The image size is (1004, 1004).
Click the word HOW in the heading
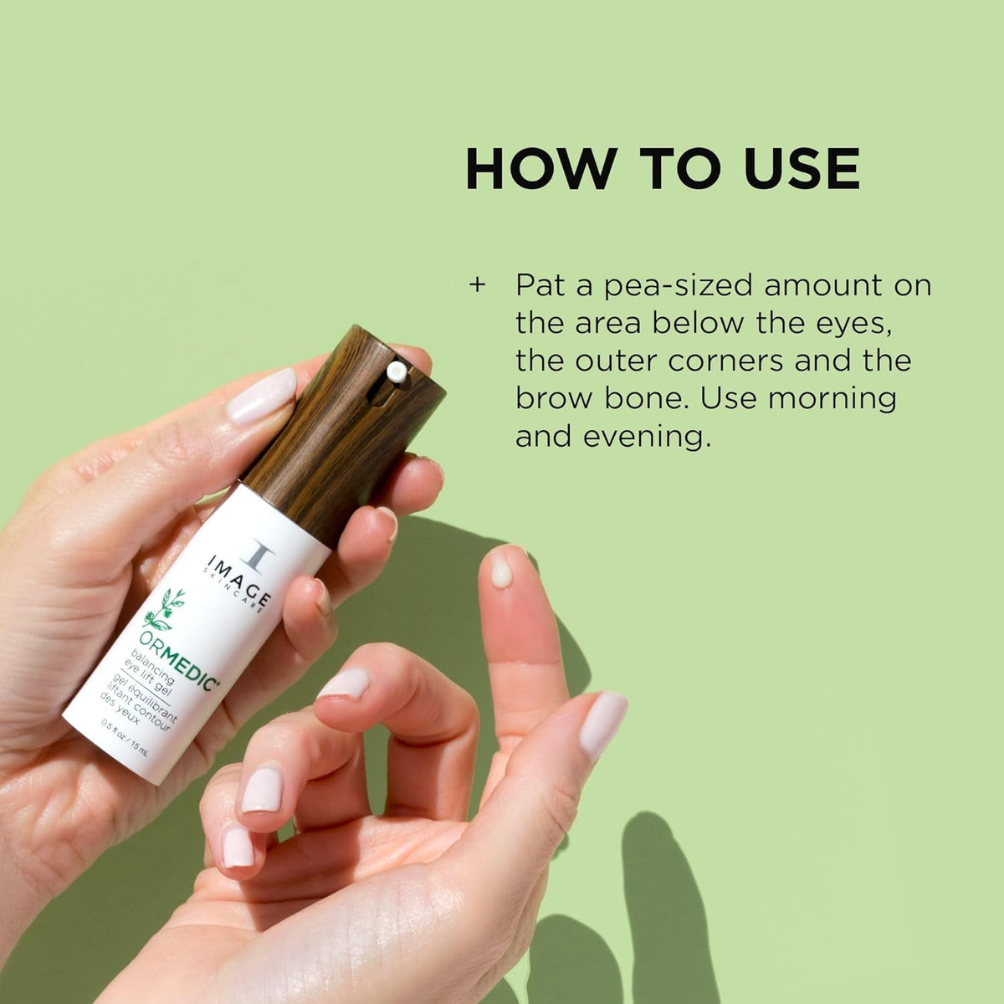pos(539,168)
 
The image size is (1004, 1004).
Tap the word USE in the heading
pos(802,168)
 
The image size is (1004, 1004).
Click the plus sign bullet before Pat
pos(477,285)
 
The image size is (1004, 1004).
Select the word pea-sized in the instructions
pos(679,287)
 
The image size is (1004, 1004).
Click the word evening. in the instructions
pos(647,437)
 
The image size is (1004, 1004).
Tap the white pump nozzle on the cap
pos(397,372)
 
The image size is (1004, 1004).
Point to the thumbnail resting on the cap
pos(261,396)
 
